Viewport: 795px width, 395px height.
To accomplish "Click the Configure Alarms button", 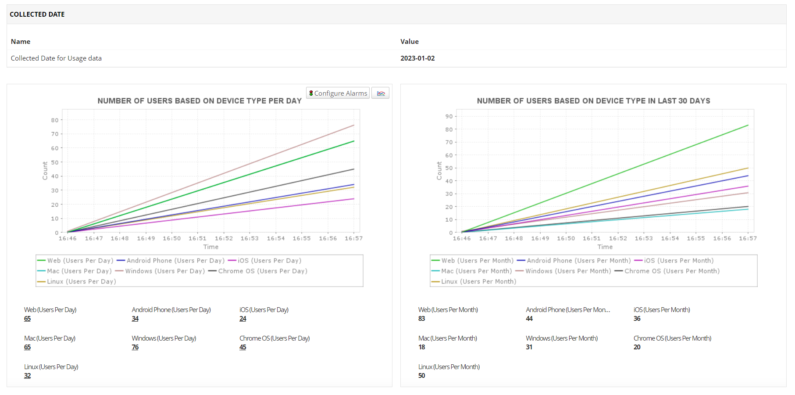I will point(338,93).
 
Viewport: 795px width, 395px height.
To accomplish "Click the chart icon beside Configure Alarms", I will point(381,93).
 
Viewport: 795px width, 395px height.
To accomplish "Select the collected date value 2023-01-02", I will point(417,58).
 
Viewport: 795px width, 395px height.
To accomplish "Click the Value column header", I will point(409,42).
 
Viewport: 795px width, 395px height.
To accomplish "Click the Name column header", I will point(21,42).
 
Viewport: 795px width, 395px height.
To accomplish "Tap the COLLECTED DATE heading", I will point(37,14).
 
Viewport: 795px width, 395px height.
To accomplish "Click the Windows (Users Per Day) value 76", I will point(135,347).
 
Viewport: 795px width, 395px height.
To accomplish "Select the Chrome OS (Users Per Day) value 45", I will point(242,347).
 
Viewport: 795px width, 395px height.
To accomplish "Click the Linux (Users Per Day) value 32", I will point(27,376).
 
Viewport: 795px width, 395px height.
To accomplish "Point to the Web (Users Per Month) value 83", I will point(421,319).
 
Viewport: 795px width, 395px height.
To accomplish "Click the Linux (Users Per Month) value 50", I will point(421,376).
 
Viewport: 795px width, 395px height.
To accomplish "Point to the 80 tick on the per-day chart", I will point(54,120).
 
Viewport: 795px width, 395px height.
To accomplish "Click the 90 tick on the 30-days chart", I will point(449,116).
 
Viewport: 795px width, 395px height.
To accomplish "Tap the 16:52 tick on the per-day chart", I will point(224,238).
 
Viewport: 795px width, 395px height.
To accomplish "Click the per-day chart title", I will point(200,101).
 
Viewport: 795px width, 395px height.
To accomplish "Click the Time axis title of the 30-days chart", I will point(605,247).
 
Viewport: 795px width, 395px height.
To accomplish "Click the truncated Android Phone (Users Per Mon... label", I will point(568,310).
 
